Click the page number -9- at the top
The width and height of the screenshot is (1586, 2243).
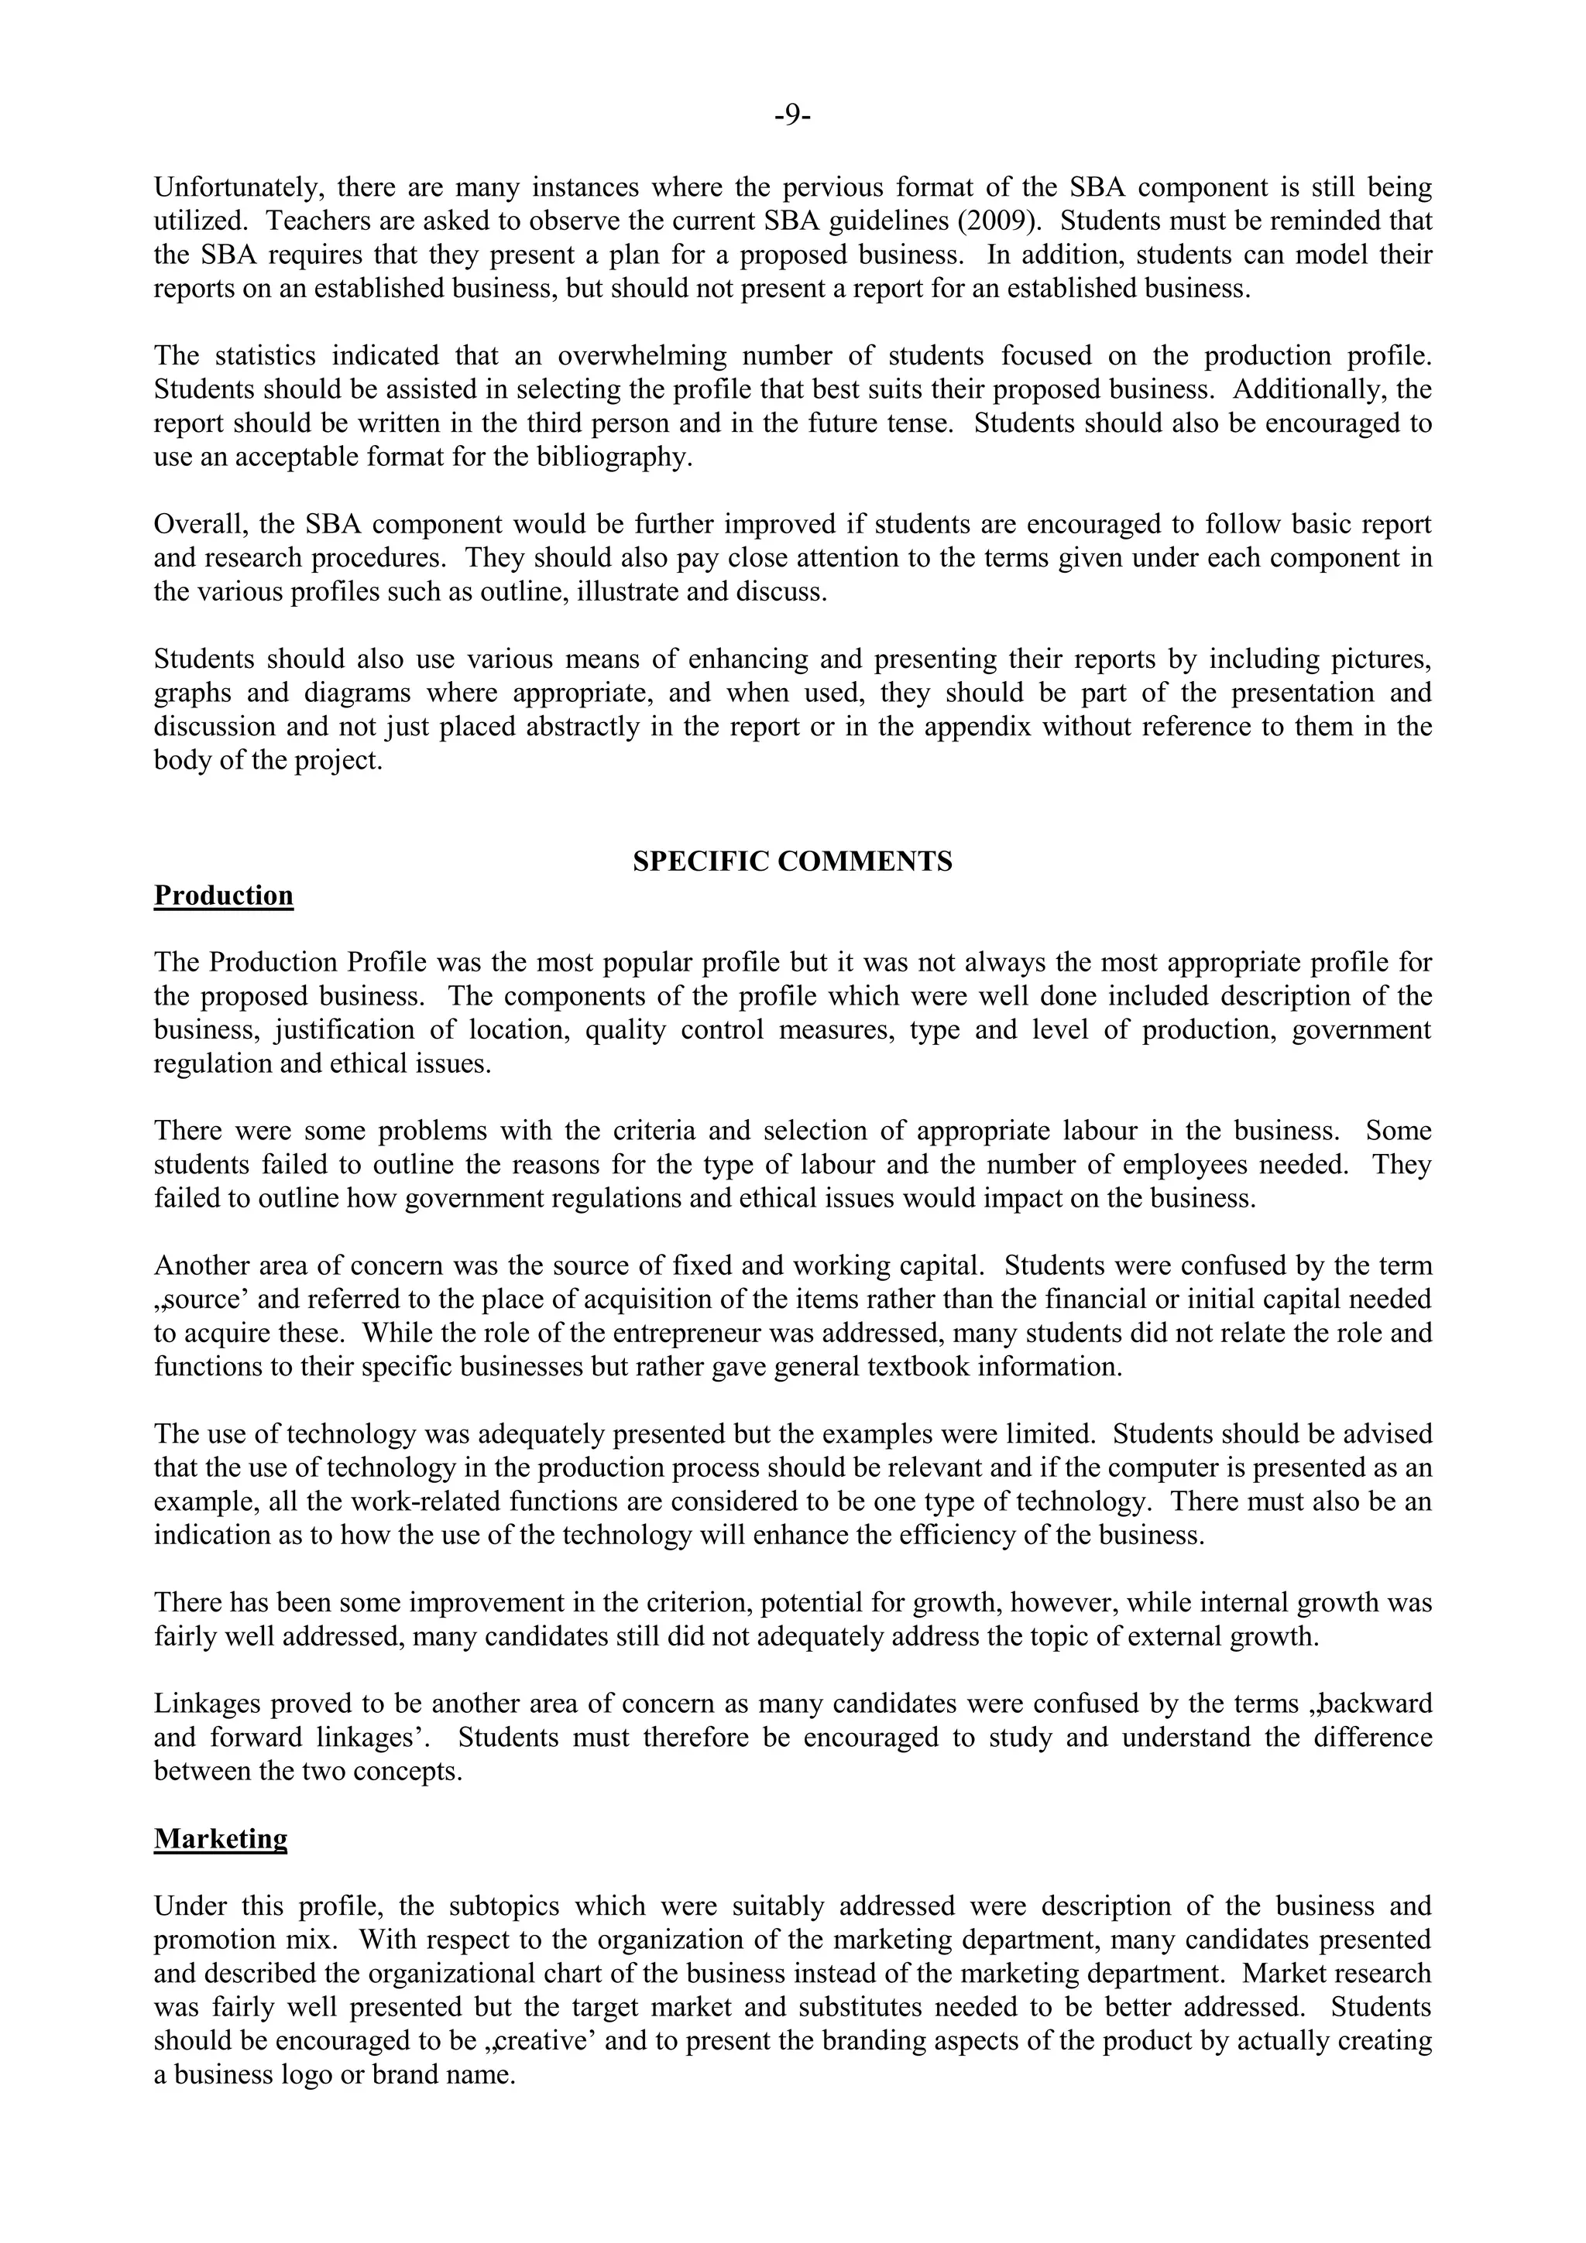[792, 116]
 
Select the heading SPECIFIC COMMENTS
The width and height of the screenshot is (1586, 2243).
[792, 861]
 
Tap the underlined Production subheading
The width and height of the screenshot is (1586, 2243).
[224, 895]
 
